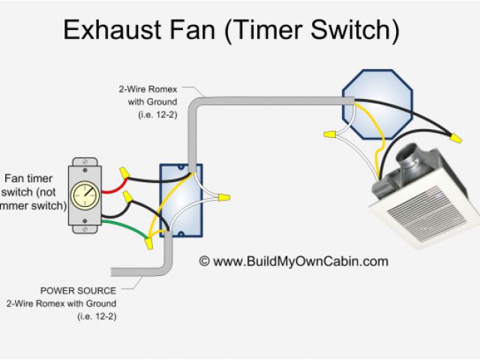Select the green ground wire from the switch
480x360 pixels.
[x=124, y=224]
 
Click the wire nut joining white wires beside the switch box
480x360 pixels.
[x=222, y=199]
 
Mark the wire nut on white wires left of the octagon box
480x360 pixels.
[x=328, y=134]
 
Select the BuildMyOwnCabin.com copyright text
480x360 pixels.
[x=294, y=262]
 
